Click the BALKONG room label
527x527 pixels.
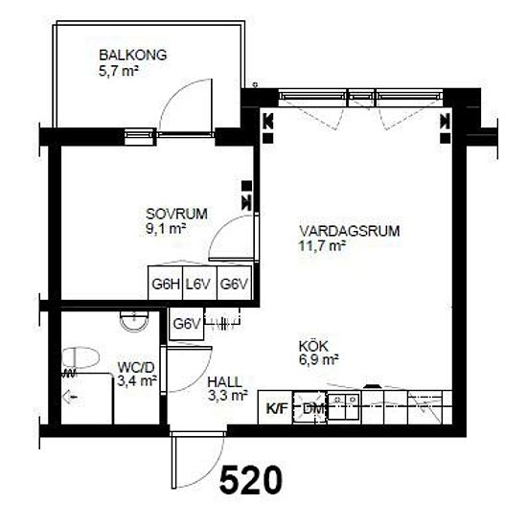[133, 56]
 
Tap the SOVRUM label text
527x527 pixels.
[176, 214]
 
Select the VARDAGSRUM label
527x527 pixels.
[350, 231]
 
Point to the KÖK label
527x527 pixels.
[313, 346]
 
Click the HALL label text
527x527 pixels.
[224, 382]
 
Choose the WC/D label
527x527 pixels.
[136, 367]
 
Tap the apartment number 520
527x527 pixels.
[251, 480]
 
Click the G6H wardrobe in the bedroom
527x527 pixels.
[166, 284]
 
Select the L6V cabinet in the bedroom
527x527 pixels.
[200, 284]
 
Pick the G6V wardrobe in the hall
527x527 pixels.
[187, 324]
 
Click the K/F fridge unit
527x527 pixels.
[276, 407]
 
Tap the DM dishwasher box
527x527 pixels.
[310, 407]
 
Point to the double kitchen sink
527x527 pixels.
[344, 405]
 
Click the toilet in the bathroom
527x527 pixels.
[80, 357]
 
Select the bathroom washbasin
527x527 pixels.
[134, 321]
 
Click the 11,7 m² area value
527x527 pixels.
[322, 245]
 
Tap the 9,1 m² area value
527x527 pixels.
[166, 229]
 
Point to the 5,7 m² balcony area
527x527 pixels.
[119, 71]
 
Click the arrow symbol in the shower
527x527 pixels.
[70, 398]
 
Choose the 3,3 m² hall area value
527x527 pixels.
[228, 396]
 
